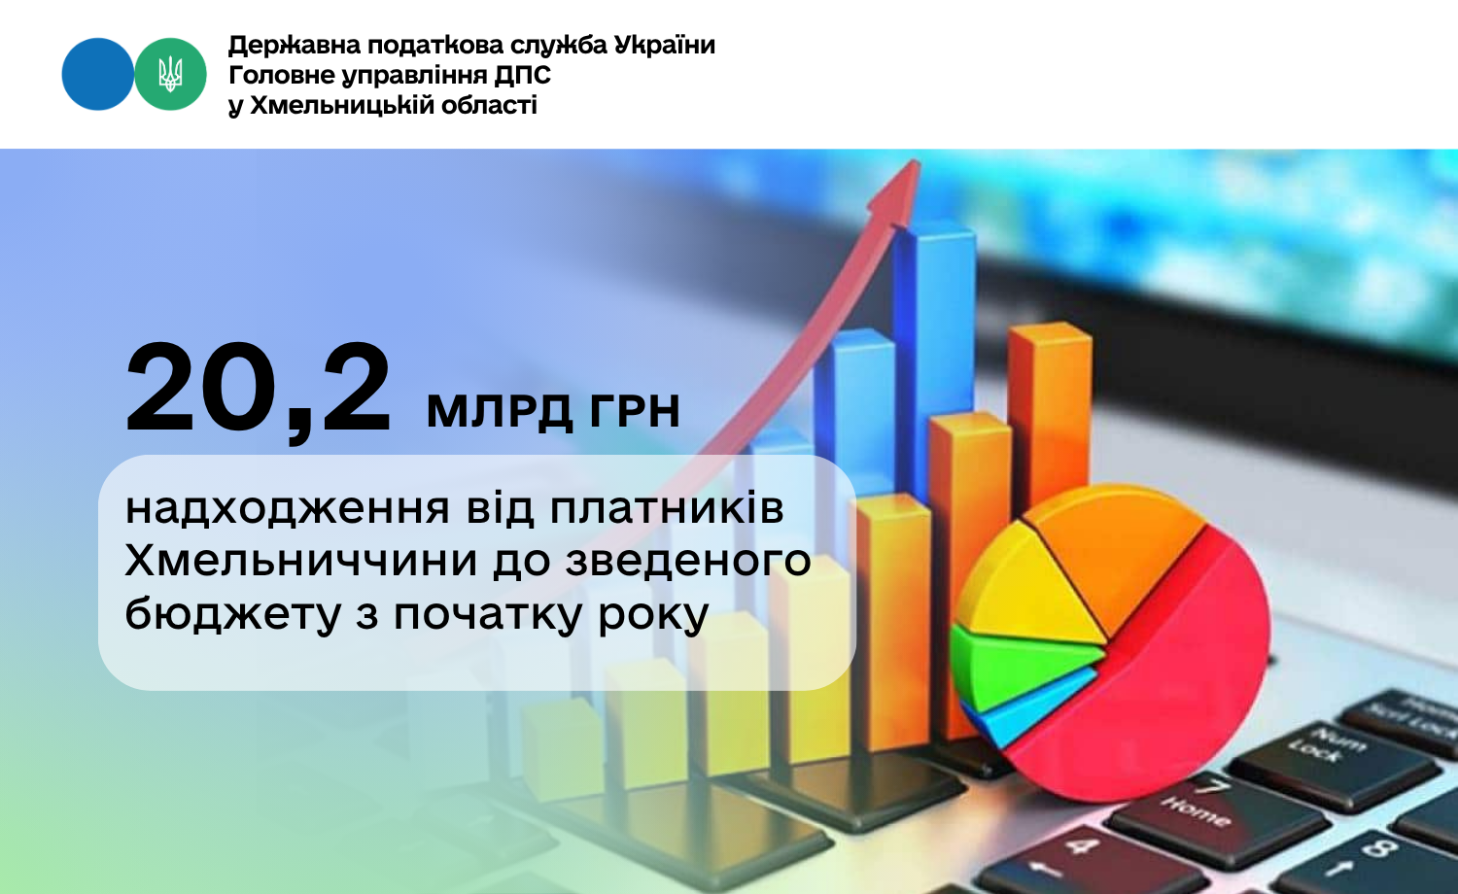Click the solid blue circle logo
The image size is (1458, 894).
coord(97,74)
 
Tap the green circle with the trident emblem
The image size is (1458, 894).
coord(170,74)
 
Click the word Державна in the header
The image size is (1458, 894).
coord(294,46)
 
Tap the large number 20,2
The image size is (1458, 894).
coord(259,392)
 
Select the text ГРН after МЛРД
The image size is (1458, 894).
coord(635,411)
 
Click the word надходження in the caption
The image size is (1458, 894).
coord(287,509)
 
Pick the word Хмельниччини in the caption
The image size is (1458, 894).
coord(301,561)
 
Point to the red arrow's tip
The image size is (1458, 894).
coord(919,161)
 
